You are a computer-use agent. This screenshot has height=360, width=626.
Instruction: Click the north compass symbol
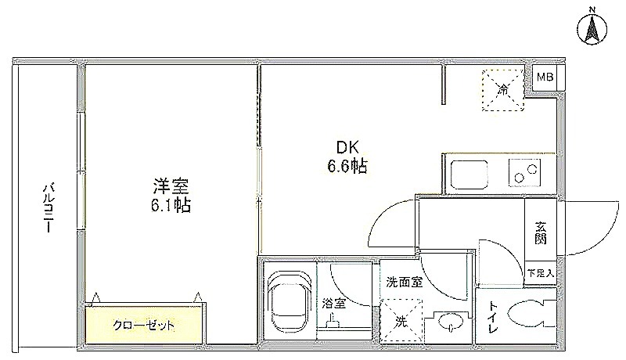pyautogui.click(x=592, y=27)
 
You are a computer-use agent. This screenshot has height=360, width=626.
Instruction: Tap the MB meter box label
pyautogui.click(x=545, y=77)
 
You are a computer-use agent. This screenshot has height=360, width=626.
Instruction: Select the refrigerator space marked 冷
pyautogui.click(x=502, y=90)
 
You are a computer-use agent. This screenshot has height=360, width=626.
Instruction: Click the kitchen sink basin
pyautogui.click(x=469, y=175)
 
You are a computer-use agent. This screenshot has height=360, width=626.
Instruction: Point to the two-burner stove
pyautogui.click(x=524, y=173)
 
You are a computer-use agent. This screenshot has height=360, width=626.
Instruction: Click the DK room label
pyautogui.click(x=347, y=148)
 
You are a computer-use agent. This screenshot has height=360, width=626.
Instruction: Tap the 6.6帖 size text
pyautogui.click(x=347, y=166)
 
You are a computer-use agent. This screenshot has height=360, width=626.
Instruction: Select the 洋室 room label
pyautogui.click(x=171, y=186)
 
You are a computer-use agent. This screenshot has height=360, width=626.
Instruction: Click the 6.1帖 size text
pyautogui.click(x=171, y=205)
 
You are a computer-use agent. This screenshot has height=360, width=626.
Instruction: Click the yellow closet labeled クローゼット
pyautogui.click(x=143, y=325)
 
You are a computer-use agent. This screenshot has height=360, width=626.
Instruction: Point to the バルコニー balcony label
pyautogui.click(x=49, y=207)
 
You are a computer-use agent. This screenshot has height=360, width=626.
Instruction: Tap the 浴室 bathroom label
pyautogui.click(x=334, y=304)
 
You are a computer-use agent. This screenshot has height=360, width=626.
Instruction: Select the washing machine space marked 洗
pyautogui.click(x=401, y=321)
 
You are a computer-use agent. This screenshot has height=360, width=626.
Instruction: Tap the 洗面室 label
pyautogui.click(x=404, y=283)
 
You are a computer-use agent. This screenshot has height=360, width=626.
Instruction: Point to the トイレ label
pyautogui.click(x=494, y=318)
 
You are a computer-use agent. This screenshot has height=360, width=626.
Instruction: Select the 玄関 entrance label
pyautogui.click(x=541, y=233)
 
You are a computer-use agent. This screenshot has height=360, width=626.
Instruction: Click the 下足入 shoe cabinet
pyautogui.click(x=541, y=273)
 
